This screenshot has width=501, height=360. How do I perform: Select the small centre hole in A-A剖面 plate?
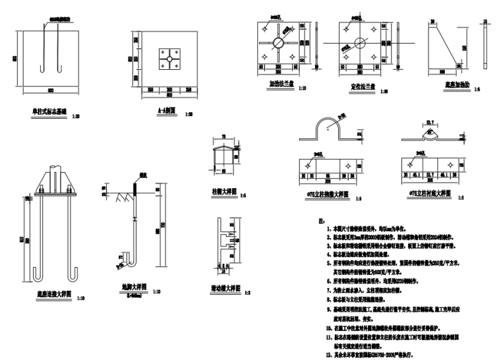[169, 59]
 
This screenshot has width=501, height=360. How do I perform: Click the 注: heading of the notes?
[321, 220]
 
